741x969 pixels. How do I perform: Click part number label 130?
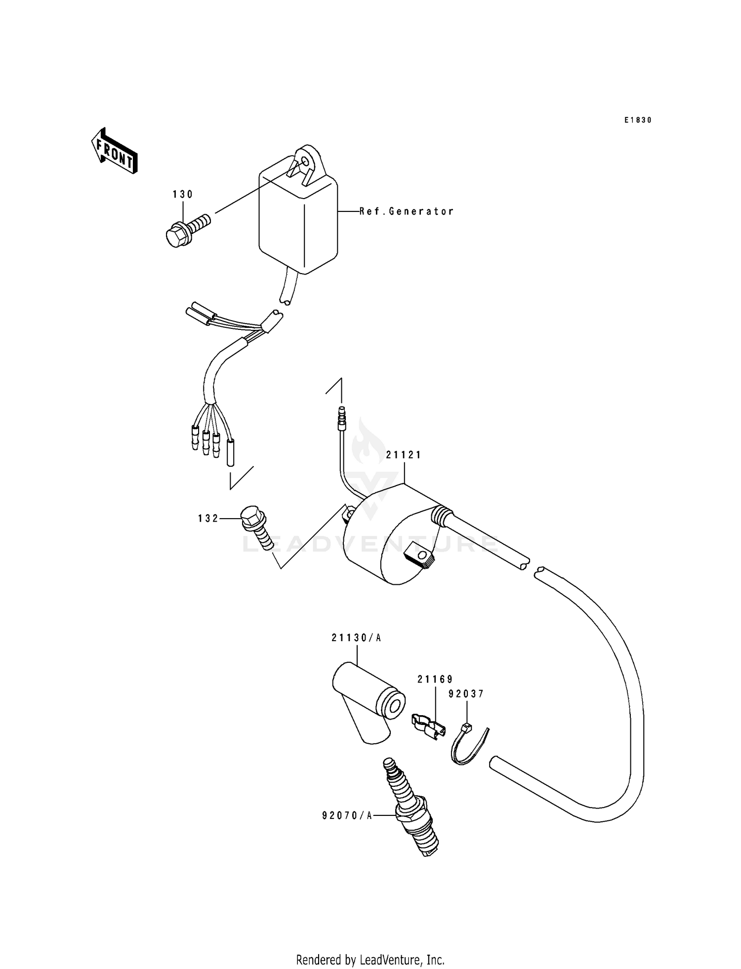tap(183, 195)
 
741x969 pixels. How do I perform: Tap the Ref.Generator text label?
tap(406, 211)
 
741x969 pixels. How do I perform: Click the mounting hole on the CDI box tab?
tap(305, 161)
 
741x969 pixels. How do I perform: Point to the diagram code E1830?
tap(637, 120)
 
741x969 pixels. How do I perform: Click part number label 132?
tap(208, 518)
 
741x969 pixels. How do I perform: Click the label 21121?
tap(404, 455)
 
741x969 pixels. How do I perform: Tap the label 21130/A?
tap(356, 638)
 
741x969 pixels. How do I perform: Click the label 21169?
tap(435, 679)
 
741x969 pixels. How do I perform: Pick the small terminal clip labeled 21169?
tap(428, 726)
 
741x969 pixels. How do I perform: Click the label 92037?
tap(466, 694)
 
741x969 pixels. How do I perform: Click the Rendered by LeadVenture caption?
tap(370, 960)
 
